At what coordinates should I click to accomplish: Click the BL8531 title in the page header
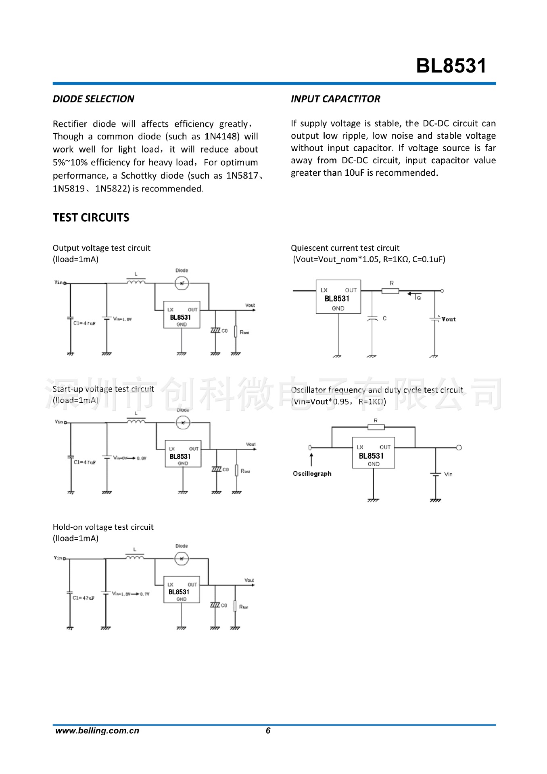(x=451, y=66)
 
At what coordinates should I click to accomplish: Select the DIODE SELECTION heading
(x=93, y=99)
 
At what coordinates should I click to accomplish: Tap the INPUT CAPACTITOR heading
(x=335, y=99)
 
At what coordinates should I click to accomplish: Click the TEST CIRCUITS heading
(x=91, y=218)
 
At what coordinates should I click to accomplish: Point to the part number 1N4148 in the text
(x=222, y=137)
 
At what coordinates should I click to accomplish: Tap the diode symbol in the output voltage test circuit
(x=182, y=283)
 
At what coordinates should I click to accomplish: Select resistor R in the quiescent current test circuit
(x=390, y=290)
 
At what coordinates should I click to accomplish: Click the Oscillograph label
(x=312, y=474)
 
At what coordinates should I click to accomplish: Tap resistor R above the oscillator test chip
(x=376, y=427)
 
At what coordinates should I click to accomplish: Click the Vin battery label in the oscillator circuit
(x=448, y=474)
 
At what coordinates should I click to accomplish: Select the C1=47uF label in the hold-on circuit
(x=83, y=598)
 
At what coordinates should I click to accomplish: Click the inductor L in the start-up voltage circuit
(x=136, y=421)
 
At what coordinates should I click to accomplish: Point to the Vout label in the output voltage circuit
(x=250, y=306)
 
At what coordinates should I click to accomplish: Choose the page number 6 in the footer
(x=268, y=731)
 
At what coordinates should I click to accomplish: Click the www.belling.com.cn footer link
(x=97, y=731)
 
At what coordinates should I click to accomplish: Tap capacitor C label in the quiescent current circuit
(x=384, y=318)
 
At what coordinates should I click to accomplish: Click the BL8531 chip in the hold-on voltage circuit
(x=181, y=590)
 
